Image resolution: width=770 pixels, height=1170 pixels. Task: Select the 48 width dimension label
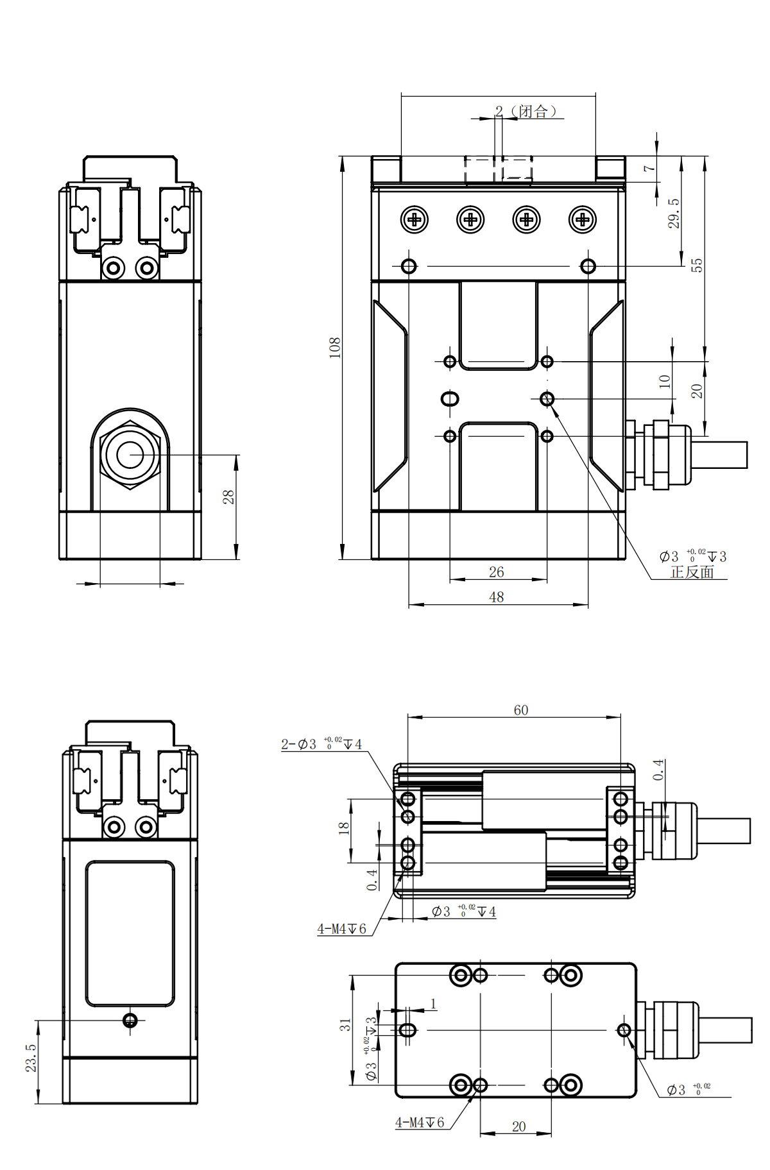(x=497, y=597)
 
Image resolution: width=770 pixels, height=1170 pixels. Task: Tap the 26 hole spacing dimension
(x=497, y=572)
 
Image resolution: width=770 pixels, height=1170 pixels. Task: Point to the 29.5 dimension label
(x=673, y=213)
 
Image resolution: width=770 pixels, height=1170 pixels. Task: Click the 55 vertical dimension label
(x=697, y=265)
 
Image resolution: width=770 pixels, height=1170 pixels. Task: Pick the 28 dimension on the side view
(x=228, y=496)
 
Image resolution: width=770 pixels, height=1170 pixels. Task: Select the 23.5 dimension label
(x=31, y=1057)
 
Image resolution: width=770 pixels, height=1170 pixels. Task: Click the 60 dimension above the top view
(x=521, y=710)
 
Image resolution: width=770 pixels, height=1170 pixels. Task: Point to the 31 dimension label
(x=346, y=1025)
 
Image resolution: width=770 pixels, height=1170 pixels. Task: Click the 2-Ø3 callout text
(x=321, y=744)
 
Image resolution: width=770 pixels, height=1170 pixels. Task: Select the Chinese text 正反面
(x=692, y=572)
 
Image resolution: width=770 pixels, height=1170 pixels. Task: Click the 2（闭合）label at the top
(x=526, y=112)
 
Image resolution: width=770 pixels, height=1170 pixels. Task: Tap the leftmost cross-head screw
(x=415, y=220)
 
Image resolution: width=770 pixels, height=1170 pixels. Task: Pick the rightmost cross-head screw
(x=583, y=220)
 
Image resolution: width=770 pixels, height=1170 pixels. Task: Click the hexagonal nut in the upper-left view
(x=130, y=455)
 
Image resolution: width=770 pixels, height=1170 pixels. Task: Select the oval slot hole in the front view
(x=450, y=399)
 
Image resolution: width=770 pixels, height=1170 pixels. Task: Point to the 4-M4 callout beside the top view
(x=342, y=929)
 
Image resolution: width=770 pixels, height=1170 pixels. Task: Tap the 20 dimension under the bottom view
(x=518, y=1126)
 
